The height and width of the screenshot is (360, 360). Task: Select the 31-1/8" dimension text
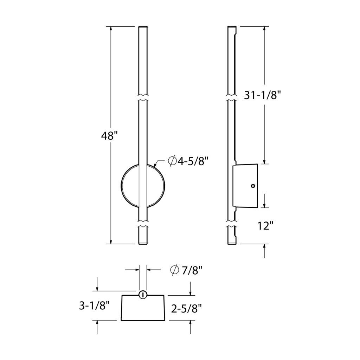tap(263, 95)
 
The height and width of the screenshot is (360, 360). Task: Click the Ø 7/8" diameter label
tap(186, 270)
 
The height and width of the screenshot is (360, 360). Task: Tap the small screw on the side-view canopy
tap(253, 186)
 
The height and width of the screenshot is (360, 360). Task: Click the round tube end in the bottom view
tap(143, 295)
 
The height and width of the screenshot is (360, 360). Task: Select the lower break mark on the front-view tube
tap(143, 224)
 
